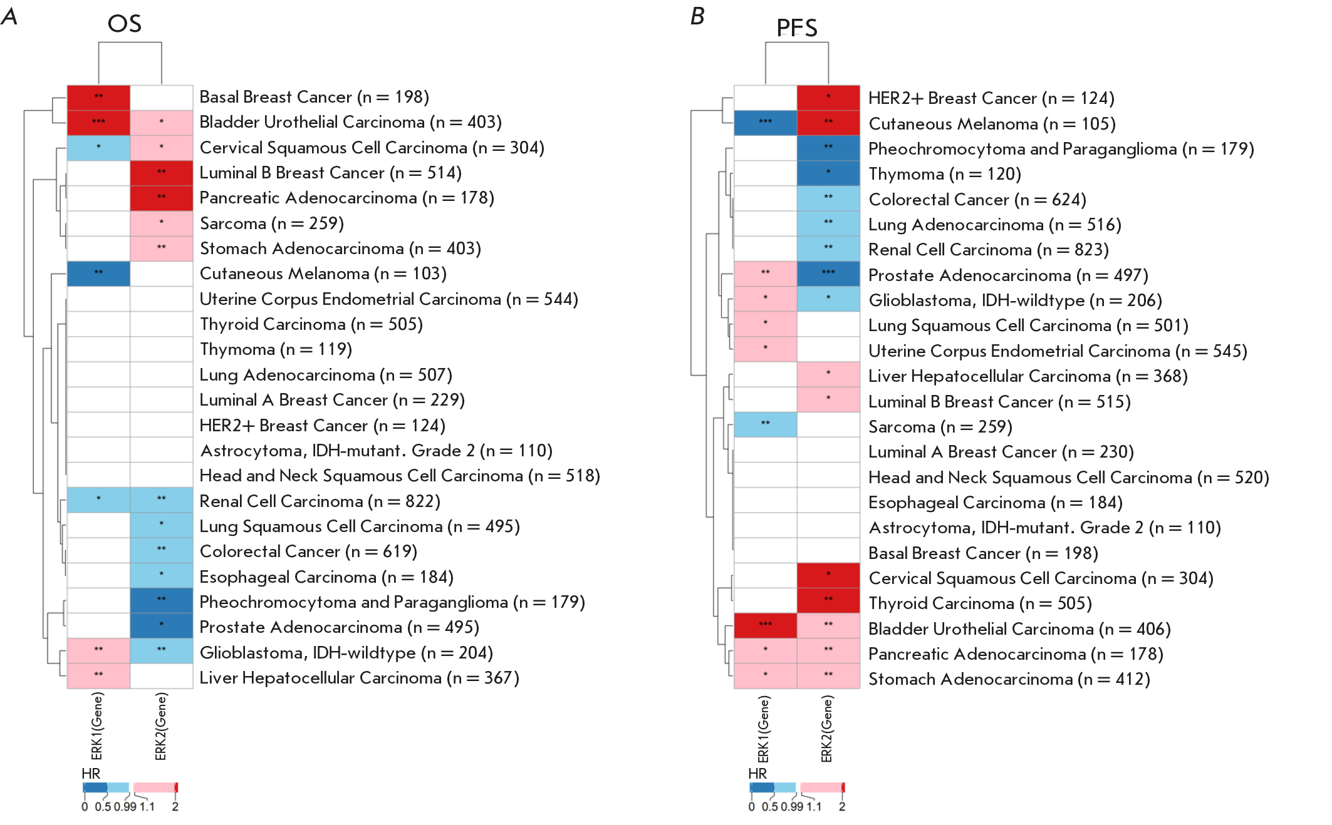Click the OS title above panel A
124,24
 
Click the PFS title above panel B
796,28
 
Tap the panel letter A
9,16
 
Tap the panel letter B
697,16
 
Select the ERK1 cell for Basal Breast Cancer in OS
98,97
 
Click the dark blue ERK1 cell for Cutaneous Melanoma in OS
98,274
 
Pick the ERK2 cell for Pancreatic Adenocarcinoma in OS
162,198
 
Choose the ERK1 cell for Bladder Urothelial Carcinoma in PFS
765,625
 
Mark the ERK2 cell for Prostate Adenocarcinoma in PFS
828,274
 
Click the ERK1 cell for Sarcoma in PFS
765,424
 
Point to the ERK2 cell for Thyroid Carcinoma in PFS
828,600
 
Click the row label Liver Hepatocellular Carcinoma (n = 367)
359,678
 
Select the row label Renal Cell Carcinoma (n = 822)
320,501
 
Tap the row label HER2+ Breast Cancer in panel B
991,98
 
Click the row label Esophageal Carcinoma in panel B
995,503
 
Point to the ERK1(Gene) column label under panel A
96,726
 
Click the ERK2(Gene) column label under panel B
827,729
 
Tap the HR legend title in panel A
91,774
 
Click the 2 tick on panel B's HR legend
842,807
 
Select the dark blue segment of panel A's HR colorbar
95,787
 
